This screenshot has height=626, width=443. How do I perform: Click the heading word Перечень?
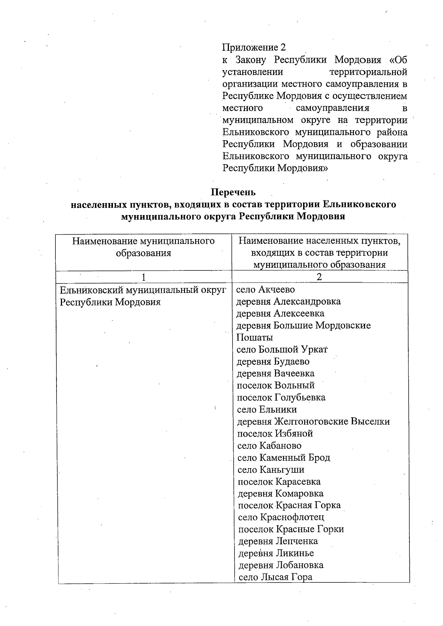coord(233,192)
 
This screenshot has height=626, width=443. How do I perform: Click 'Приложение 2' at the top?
coord(254,47)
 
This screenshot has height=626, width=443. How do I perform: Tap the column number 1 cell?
coord(143,277)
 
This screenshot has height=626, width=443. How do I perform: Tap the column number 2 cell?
coord(319,277)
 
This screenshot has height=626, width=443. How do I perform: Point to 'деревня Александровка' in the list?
coord(288,301)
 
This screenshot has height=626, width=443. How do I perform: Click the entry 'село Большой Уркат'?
coord(282,349)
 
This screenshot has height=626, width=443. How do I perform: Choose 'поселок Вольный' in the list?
coord(275,385)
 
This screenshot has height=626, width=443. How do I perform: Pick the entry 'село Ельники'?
coord(267,409)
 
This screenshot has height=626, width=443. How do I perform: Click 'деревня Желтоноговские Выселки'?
coord(313,421)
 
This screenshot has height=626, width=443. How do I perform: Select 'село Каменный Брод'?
coord(284,457)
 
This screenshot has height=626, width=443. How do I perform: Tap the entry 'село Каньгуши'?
coord(271,470)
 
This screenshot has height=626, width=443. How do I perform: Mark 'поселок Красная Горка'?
coord(289,505)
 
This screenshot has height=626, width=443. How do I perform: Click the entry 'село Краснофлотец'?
coord(281,517)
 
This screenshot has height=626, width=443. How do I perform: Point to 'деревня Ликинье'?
coord(276,553)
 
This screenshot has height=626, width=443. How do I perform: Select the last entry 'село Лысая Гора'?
coord(275,577)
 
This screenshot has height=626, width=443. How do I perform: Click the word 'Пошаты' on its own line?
coord(254,338)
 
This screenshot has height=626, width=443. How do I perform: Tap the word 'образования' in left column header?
coord(143,253)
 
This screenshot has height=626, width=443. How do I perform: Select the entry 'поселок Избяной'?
coord(275,433)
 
